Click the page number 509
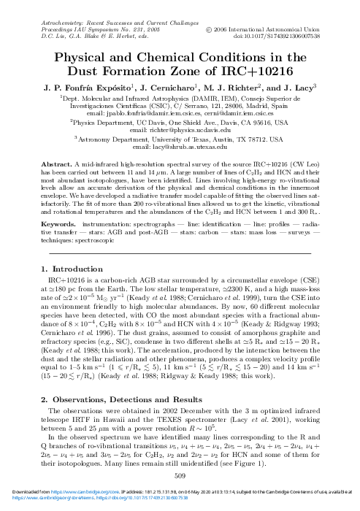point(180,476)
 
